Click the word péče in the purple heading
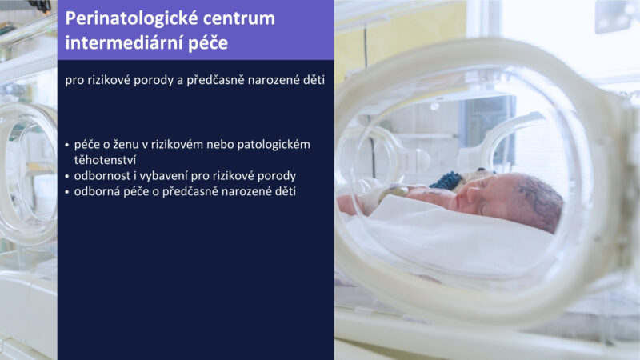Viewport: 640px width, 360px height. pos(208,43)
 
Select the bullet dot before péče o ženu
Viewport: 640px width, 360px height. pos(67,145)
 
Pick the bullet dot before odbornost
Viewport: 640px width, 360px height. pos(67,176)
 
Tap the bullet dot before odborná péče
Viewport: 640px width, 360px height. pos(67,192)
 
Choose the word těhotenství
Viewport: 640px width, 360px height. pos(105,160)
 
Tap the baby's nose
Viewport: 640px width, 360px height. pos(469,194)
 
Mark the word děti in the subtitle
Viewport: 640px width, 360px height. pos(314,80)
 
